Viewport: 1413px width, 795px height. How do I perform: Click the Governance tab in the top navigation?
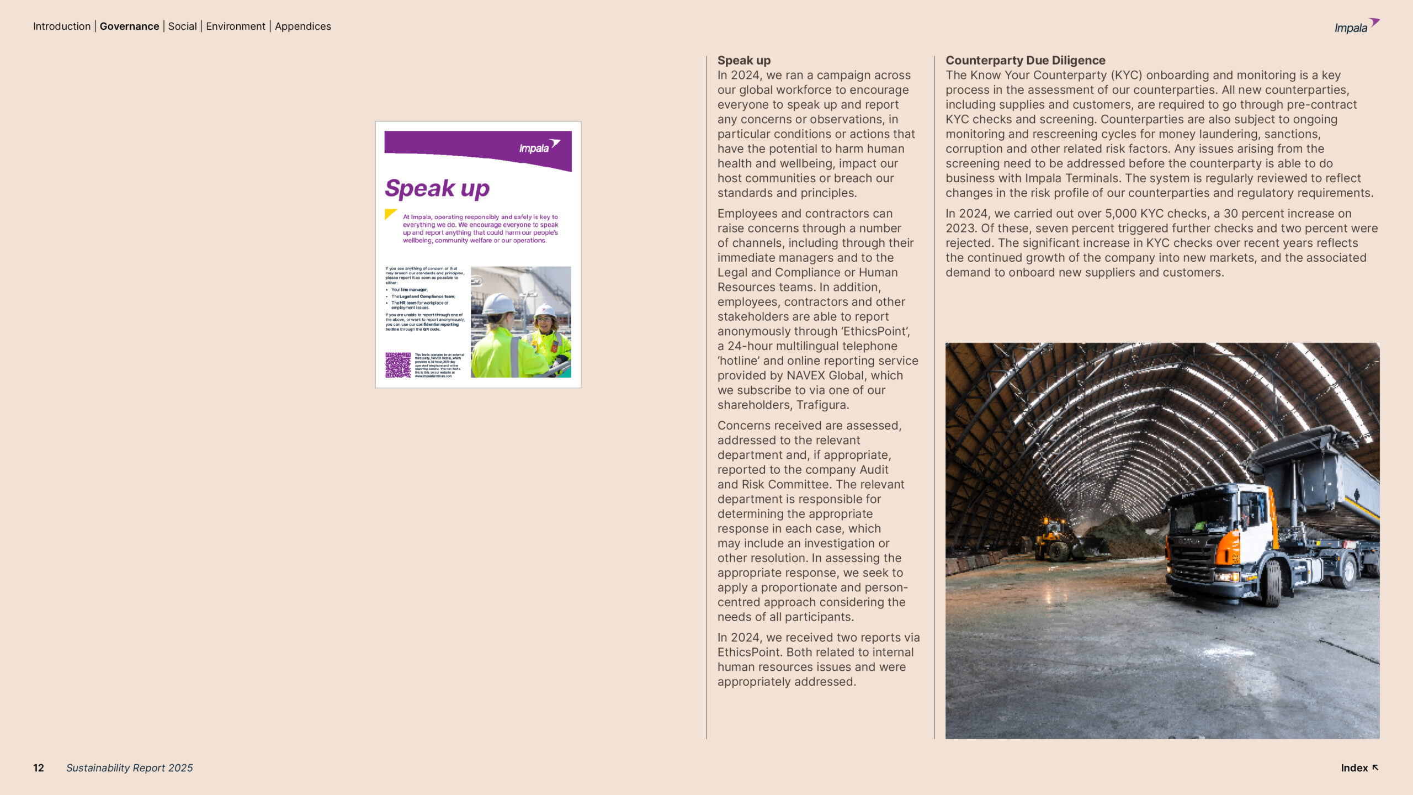(x=129, y=26)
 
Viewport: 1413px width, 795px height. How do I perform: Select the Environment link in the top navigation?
(x=236, y=26)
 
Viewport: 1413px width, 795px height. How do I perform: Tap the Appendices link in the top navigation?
(x=303, y=26)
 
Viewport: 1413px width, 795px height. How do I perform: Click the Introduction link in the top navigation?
(x=62, y=26)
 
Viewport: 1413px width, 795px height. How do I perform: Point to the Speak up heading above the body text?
(x=744, y=60)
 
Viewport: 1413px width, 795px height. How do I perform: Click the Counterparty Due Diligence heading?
(x=1026, y=60)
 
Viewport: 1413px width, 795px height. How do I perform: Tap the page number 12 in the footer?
(x=39, y=768)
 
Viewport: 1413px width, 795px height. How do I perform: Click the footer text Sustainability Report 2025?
(x=130, y=768)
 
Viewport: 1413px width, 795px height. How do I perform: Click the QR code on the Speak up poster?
(x=397, y=365)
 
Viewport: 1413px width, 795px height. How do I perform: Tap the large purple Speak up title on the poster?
(x=437, y=189)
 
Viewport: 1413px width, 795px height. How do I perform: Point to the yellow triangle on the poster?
(x=390, y=214)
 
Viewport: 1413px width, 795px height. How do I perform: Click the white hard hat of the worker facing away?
(x=498, y=304)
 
